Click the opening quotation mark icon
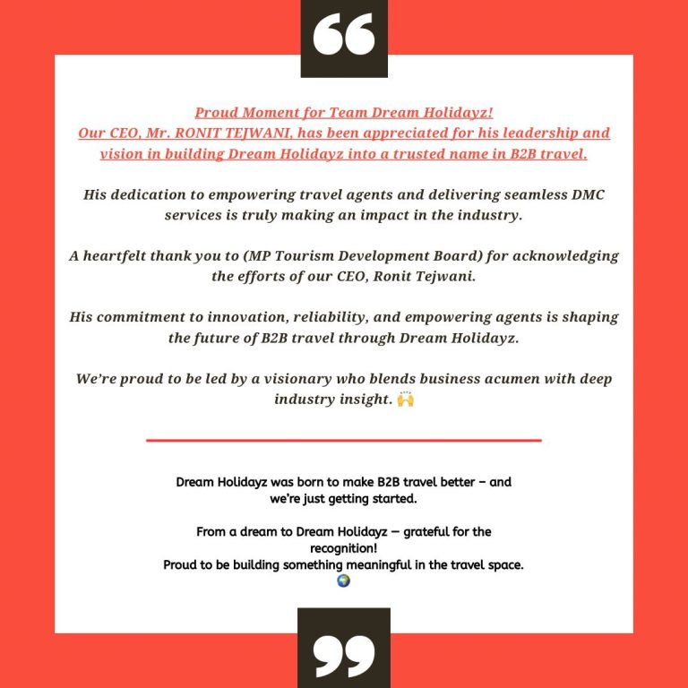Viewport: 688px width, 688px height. click(344, 34)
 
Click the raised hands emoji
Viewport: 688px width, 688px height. click(405, 399)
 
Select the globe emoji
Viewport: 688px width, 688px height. click(343, 580)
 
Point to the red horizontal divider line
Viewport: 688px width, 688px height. click(344, 440)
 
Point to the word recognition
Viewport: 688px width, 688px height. click(343, 548)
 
